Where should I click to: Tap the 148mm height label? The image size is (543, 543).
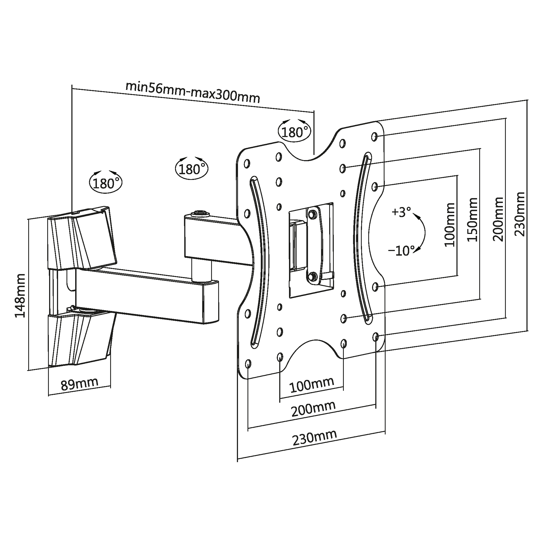click(20, 296)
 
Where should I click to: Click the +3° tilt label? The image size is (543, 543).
click(401, 212)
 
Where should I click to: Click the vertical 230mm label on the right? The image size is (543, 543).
click(519, 214)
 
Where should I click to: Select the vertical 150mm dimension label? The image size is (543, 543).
click(472, 220)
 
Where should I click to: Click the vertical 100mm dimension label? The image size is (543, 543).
click(450, 225)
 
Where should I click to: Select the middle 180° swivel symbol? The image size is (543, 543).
click(192, 168)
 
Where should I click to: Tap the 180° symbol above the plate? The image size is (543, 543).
click(294, 131)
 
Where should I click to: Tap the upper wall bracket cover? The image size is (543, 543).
click(81, 239)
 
